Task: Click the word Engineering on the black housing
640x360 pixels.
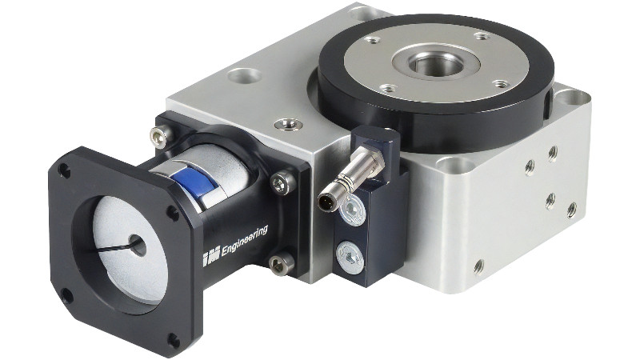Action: pos(244,241)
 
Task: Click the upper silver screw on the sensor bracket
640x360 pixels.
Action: pos(353,210)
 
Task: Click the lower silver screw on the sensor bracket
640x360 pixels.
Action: pos(350,257)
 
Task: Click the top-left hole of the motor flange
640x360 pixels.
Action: pos(64,170)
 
